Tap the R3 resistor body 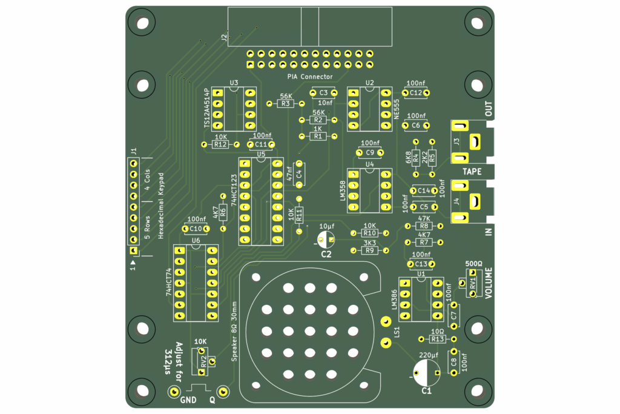pos(286,104)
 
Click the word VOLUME pos(489,283)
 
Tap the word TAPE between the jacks pos(472,172)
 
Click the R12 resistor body pos(220,144)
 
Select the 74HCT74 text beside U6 pos(169,282)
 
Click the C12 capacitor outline pos(415,93)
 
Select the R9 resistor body pos(370,250)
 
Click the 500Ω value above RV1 pos(473,264)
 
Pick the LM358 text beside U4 pos(343,192)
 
